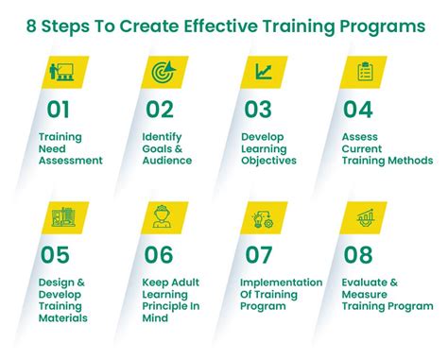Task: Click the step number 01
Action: [59, 109]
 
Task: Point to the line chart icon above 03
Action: [263, 72]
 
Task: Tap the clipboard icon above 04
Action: [365, 72]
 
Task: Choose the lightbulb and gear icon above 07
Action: [263, 218]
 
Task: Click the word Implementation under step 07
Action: [280, 282]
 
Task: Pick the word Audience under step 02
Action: [168, 161]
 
